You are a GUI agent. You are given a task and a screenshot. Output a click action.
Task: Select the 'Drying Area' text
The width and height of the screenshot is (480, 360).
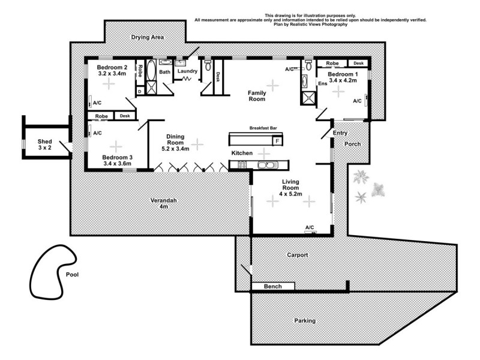click(x=147, y=37)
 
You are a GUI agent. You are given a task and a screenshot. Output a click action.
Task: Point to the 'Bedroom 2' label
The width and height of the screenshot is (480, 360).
click(x=112, y=68)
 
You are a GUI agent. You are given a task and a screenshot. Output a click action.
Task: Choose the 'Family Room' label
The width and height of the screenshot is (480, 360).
click(x=257, y=96)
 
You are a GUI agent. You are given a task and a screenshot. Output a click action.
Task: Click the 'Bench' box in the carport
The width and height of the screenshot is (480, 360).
click(x=273, y=287)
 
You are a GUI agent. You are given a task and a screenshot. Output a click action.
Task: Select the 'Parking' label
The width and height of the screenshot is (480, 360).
click(x=304, y=320)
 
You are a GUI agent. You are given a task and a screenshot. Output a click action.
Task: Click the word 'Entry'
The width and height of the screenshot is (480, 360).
click(x=340, y=133)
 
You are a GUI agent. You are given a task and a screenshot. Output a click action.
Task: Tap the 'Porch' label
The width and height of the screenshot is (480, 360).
click(x=352, y=145)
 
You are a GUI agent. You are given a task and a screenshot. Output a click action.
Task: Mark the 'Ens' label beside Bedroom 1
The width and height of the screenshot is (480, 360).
click(x=322, y=83)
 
